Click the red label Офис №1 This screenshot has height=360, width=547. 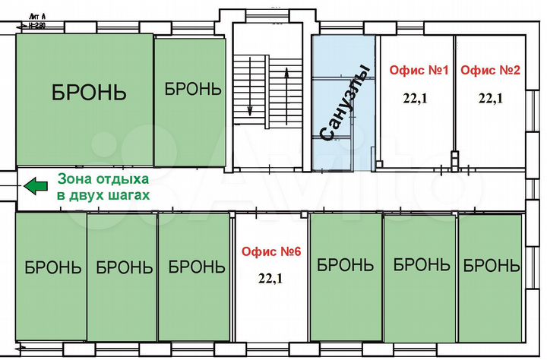(419, 71)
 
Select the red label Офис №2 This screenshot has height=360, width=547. (490, 71)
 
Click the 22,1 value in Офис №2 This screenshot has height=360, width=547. (489, 96)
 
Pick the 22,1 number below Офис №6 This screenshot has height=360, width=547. (270, 278)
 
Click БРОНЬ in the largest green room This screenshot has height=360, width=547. (89, 93)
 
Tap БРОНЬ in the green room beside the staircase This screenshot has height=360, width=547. (193, 88)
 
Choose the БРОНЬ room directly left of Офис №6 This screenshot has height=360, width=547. (196, 267)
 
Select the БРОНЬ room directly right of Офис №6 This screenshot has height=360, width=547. (346, 265)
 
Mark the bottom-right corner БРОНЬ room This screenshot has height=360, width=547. (491, 266)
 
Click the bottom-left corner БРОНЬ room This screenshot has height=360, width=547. (52, 267)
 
